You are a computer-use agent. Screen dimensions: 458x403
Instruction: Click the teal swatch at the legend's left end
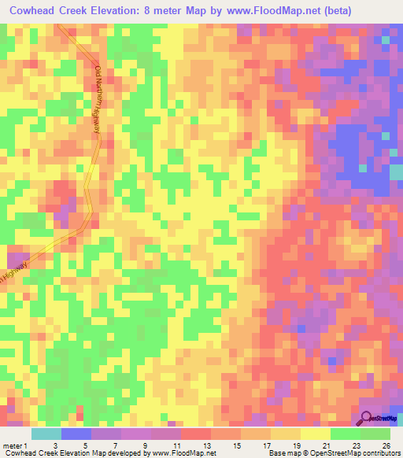click(x=46, y=434)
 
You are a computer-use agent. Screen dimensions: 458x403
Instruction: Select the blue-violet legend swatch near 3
click(x=76, y=434)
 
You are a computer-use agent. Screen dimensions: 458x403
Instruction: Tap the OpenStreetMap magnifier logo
click(x=366, y=419)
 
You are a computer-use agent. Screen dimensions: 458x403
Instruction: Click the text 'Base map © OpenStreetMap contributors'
click(x=334, y=453)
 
